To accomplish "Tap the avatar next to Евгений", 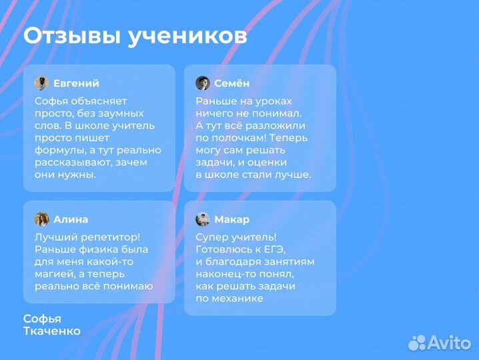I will (41, 83).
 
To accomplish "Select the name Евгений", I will (76, 83).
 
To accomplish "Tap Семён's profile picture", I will (203, 83).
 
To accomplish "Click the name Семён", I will (232, 83).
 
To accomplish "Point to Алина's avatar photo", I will (41, 219).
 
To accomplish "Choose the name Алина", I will (71, 219).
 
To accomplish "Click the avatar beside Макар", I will (203, 219).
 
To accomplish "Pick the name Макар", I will (232, 219).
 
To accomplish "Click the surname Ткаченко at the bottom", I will (52, 331).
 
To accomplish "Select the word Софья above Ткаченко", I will (42, 319).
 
